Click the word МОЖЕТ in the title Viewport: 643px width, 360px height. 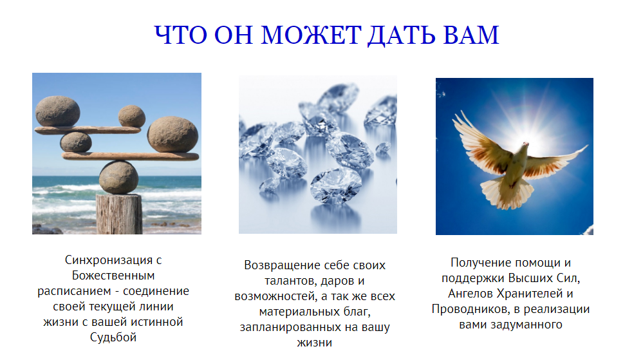pyautogui.click(x=311, y=35)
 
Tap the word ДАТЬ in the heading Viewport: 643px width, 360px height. pyautogui.click(x=400, y=35)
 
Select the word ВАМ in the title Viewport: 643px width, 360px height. pyautogui.click(x=471, y=35)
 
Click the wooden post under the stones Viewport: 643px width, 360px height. pyautogui.click(x=119, y=214)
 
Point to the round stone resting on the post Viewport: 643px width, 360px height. pyautogui.click(x=118, y=177)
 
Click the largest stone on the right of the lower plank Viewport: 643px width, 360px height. pyautogui.click(x=172, y=134)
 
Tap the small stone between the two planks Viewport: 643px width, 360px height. pyautogui.click(x=76, y=142)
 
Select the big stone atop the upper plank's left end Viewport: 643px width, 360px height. pyautogui.click(x=58, y=111)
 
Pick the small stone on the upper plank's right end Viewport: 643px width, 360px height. pyautogui.click(x=132, y=116)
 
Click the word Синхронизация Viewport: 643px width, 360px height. pyautogui.click(x=109, y=260)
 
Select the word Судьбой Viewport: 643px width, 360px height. pyautogui.click(x=113, y=337)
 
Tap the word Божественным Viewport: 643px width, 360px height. pyautogui.click(x=113, y=275)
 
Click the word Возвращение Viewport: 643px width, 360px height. pyautogui.click(x=280, y=265)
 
